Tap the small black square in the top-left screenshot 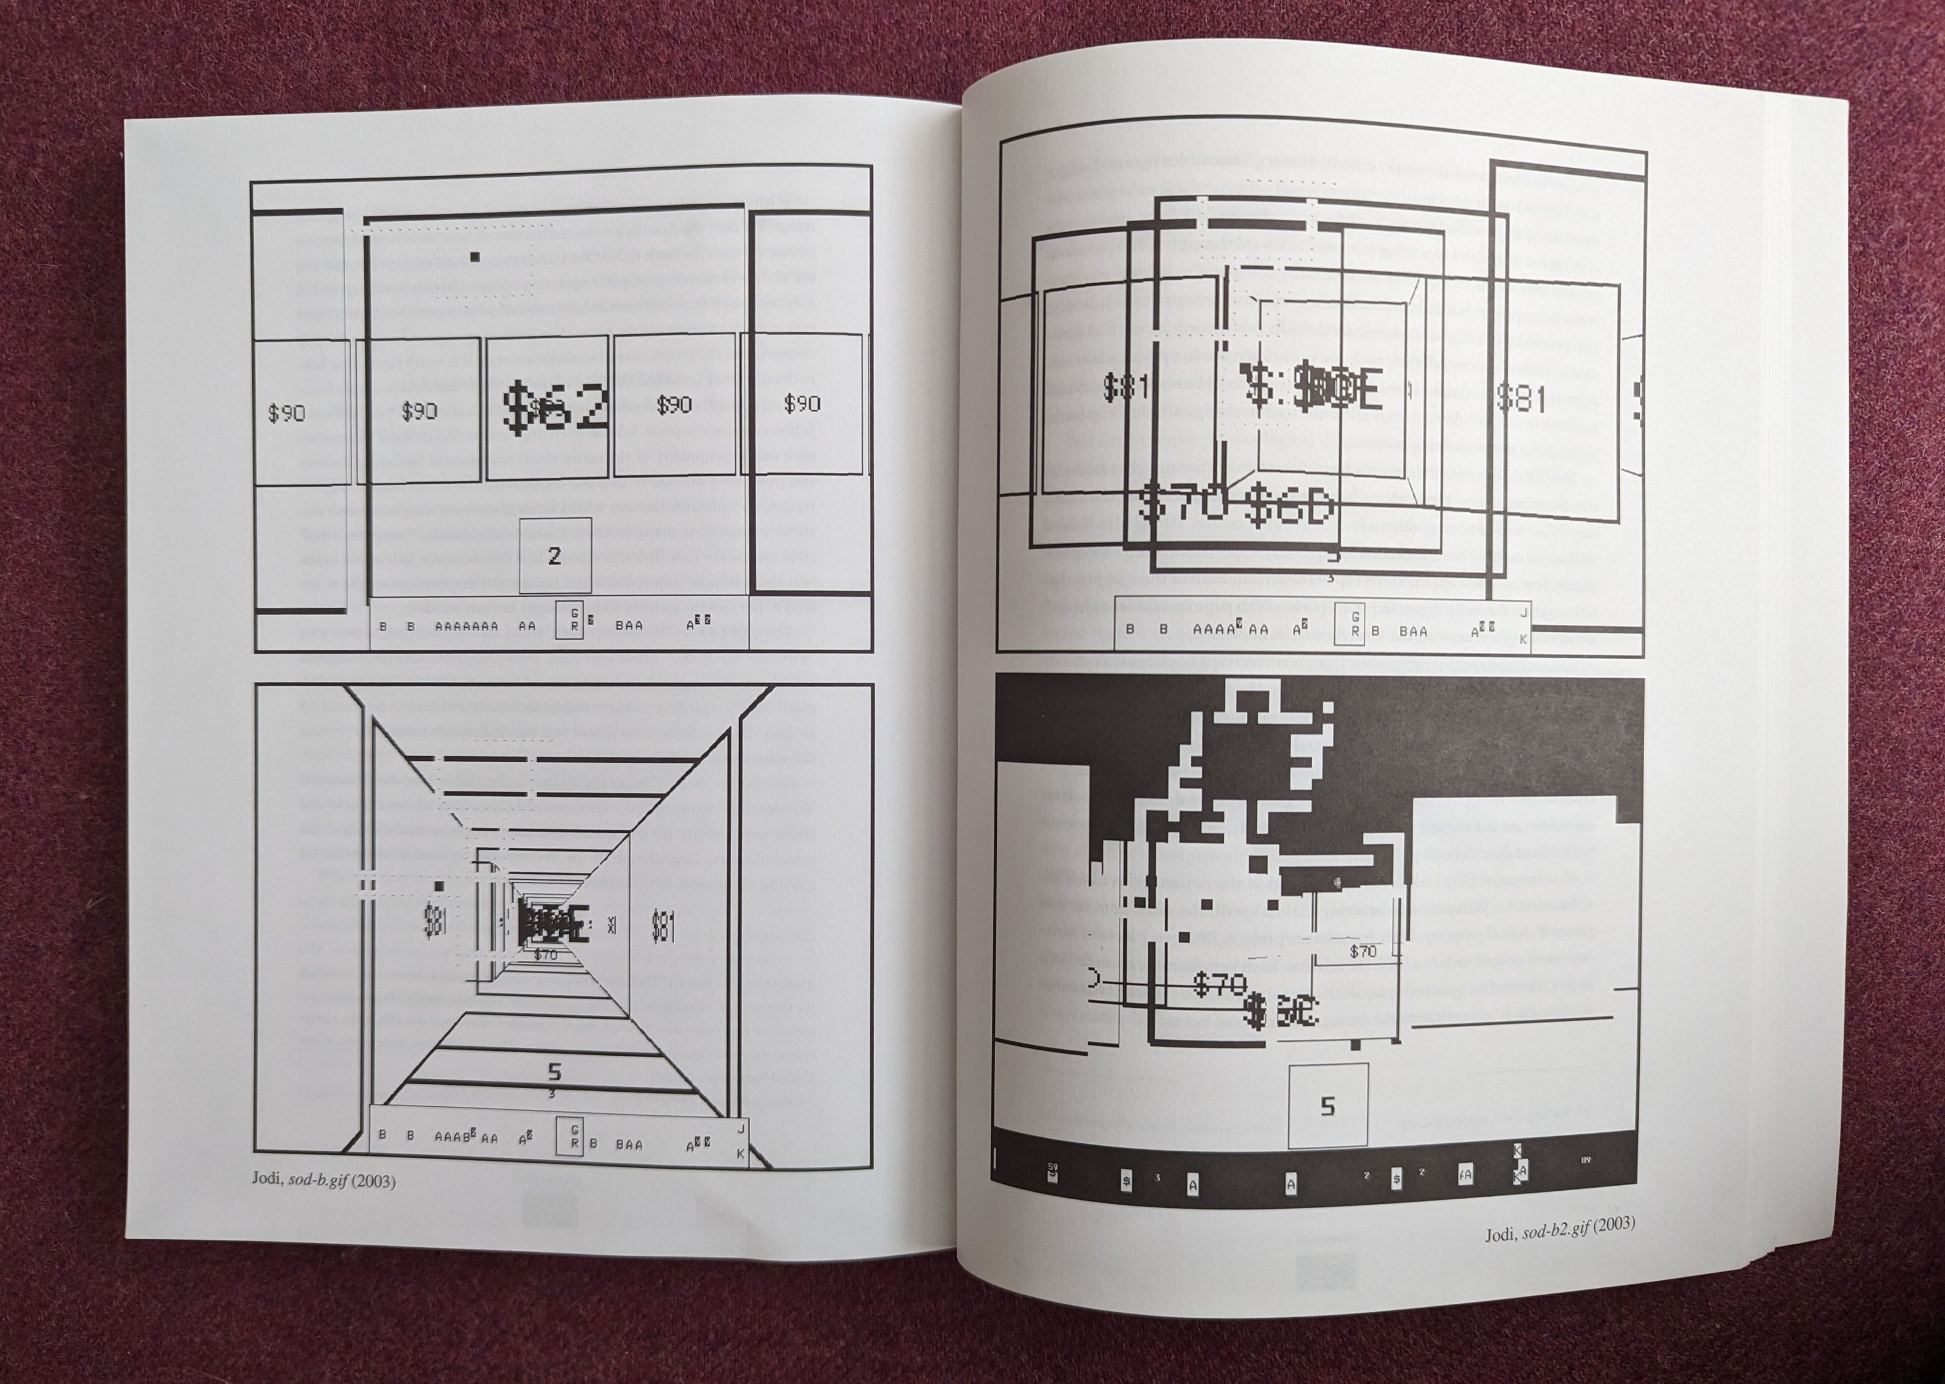point(475,256)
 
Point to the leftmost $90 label point(286,413)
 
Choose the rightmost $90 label point(802,402)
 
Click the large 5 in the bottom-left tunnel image point(554,1071)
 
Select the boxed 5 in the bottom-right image point(1327,1106)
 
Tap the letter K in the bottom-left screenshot point(740,1154)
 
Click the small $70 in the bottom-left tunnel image point(545,954)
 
